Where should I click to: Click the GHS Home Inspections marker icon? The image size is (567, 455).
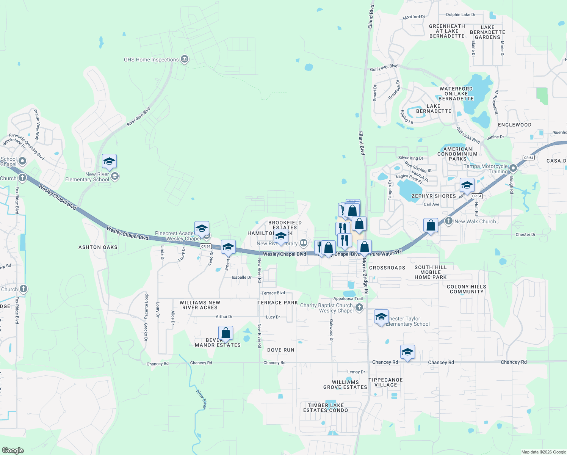point(185,59)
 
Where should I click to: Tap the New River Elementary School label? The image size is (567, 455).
point(87,177)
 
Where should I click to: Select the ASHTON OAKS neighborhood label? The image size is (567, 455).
point(98,247)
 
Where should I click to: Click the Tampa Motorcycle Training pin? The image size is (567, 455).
point(513,168)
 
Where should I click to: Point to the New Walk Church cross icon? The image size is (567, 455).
point(449,221)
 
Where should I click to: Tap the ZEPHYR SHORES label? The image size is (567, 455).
point(434,196)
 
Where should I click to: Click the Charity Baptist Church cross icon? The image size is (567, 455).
point(359,308)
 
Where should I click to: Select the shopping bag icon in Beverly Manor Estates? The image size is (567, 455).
point(226,333)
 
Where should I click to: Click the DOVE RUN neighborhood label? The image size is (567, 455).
point(281,350)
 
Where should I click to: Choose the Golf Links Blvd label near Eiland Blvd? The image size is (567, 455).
point(384,68)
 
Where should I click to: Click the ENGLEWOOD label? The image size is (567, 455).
point(514,125)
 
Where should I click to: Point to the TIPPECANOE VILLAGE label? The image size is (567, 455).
point(385,382)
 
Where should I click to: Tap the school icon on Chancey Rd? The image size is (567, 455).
point(407,352)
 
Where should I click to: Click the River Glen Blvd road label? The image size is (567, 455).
point(138,116)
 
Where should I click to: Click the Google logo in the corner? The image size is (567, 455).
point(13,450)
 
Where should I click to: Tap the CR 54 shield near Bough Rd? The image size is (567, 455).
point(528,158)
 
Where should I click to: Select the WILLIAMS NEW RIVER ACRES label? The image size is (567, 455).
point(200,305)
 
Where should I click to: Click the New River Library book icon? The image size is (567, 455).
point(303,243)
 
